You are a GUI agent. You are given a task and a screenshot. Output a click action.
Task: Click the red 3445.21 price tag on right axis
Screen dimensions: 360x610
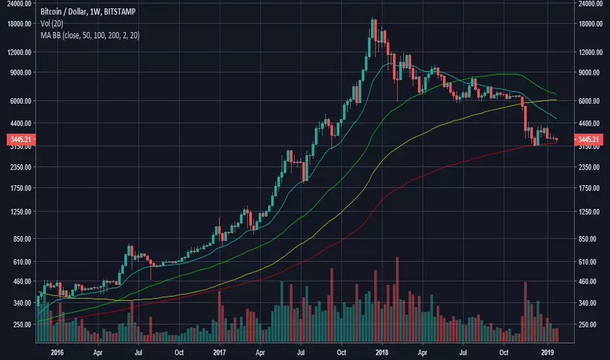[589, 139]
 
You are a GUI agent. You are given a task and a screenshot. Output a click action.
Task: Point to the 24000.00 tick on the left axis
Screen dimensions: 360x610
[18, 3]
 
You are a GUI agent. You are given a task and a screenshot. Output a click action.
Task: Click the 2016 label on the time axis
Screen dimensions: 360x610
[57, 350]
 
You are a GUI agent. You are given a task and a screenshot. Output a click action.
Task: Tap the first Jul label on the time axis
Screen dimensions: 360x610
[138, 350]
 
